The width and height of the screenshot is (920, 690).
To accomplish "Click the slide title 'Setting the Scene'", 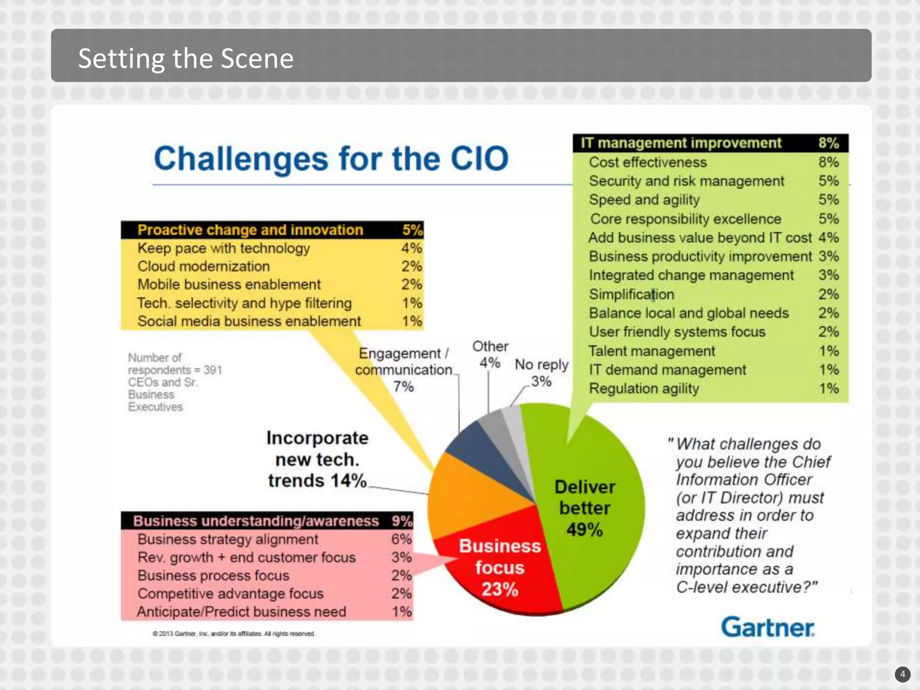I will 186,58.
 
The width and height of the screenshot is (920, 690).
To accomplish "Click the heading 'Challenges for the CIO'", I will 331,159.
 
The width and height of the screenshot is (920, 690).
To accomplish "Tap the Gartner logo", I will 768,627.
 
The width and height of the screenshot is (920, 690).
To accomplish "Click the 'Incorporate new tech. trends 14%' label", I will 317,459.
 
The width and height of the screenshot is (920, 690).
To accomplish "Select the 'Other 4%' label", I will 490,354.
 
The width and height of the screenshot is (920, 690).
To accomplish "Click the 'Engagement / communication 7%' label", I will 403,369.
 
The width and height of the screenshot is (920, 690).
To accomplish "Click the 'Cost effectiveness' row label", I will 648,162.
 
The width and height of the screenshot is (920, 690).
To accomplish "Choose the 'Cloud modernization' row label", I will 203,266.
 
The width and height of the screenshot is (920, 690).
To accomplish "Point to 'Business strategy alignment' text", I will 228,539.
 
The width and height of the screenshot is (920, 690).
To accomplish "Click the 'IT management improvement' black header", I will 681,143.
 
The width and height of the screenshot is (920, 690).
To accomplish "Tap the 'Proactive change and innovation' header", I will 250,230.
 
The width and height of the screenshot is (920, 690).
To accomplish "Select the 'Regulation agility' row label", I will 644,389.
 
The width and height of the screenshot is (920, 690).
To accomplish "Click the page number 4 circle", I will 902,674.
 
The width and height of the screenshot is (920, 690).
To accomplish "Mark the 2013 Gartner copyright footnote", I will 234,633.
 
